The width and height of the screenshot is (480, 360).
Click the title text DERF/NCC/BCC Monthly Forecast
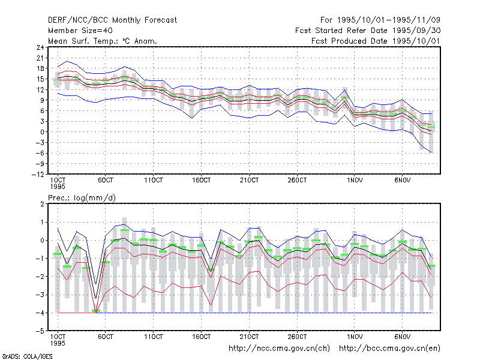[x=112, y=20]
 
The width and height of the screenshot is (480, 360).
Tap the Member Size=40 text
[x=80, y=31]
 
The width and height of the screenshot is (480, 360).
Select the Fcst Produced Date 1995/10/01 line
[x=376, y=41]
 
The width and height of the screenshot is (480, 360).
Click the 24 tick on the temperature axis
[x=40, y=47]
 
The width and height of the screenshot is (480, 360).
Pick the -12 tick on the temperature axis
[x=38, y=174]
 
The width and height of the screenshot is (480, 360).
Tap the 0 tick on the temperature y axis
[x=42, y=132]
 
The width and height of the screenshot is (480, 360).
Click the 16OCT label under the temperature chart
[x=202, y=180]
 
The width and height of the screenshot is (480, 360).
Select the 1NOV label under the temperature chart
[x=355, y=180]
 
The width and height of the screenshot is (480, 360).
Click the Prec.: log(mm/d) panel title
[x=82, y=198]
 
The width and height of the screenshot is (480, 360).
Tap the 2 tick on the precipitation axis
[x=42, y=204]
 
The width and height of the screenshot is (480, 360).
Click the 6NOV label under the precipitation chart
[x=402, y=337]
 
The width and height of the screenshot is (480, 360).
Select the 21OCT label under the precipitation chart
[x=249, y=337]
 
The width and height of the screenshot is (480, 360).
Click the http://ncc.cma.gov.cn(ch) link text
[x=279, y=349]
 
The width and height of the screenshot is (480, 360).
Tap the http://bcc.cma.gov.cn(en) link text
[x=389, y=349]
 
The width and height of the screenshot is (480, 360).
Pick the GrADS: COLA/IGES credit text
[x=27, y=356]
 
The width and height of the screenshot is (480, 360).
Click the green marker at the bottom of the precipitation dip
[x=96, y=311]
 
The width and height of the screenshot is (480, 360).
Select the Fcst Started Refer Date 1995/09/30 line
[x=368, y=31]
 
